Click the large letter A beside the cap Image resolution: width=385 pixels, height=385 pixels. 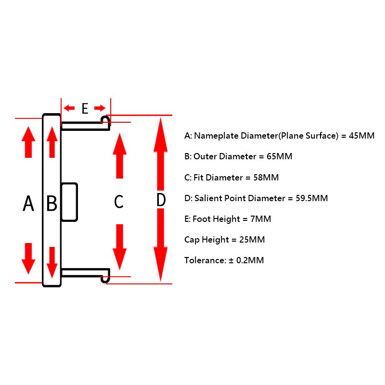[28, 203]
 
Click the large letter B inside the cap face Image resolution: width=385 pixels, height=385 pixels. [52, 203]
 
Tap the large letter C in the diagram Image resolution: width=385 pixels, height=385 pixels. [119, 202]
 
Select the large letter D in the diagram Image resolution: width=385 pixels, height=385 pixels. [161, 200]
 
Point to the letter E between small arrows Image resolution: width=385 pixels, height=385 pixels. [85, 109]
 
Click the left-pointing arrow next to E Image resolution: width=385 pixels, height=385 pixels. [69, 108]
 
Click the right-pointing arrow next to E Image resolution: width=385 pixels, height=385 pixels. [100, 108]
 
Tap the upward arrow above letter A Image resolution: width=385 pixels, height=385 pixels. [28, 142]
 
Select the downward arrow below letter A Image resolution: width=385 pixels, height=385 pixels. [28, 258]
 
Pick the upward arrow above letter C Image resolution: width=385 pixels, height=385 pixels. [119, 155]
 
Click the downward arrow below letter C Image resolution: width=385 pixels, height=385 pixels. [119, 247]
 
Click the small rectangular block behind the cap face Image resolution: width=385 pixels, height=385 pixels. [69, 202]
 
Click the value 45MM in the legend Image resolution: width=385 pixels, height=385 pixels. [361, 136]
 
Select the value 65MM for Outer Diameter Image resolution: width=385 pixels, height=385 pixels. [280, 156]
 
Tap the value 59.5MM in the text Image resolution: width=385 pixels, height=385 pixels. [312, 198]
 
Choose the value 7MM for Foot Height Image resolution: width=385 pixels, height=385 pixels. [261, 219]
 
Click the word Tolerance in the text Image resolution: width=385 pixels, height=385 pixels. [205, 260]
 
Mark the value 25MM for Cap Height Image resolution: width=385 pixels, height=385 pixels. [252, 240]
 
